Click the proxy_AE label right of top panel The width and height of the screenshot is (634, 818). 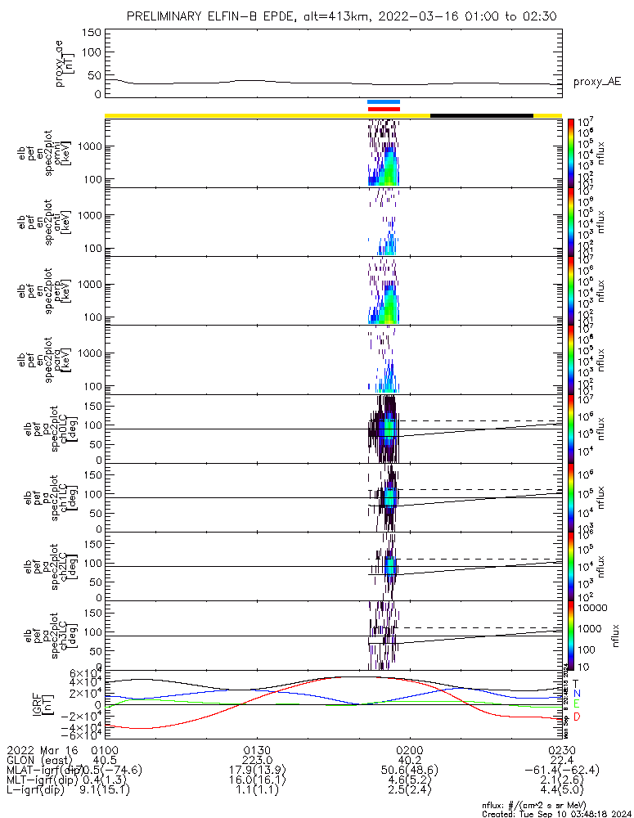[596, 82]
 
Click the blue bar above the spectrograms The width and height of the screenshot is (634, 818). [384, 102]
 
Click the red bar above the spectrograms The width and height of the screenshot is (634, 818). [384, 108]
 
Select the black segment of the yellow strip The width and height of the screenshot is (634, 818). [481, 115]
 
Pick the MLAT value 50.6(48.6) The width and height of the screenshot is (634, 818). [409, 771]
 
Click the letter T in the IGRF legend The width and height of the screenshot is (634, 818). [575, 682]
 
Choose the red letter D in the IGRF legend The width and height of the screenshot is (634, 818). [575, 717]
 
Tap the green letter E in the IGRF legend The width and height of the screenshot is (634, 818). [575, 704]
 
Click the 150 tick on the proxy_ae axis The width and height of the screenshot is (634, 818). [92, 33]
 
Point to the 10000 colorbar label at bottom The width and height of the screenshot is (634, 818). [589, 609]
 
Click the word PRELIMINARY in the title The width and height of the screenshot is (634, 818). [169, 16]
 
